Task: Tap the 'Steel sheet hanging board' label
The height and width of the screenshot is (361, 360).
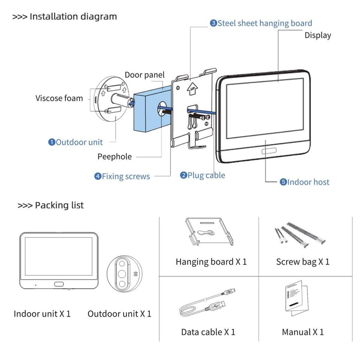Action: [261, 23]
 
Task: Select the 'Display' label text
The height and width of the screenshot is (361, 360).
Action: [318, 35]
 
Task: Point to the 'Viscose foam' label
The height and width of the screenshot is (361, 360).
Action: [59, 98]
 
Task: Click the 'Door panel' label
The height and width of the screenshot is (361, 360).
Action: [145, 75]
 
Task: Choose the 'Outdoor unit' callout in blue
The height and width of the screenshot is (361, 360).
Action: [75, 142]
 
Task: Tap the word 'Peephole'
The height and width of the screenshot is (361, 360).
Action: [115, 157]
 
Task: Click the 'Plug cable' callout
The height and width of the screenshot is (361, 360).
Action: [203, 175]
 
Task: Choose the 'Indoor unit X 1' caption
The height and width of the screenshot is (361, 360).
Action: [42, 314]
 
